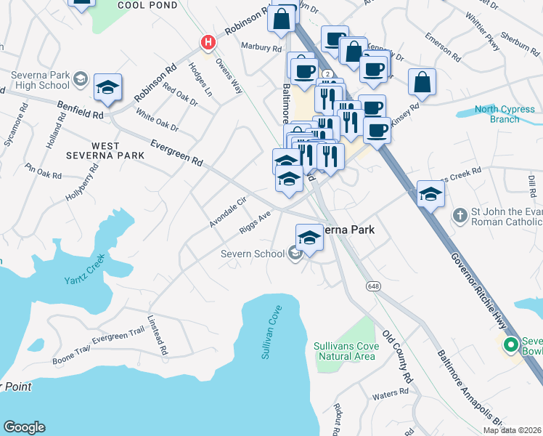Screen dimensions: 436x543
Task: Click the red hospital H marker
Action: click(208, 42)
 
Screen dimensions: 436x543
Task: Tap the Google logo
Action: click(24, 427)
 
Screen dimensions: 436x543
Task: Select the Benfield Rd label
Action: click(82, 110)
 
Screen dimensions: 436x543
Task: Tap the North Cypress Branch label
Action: click(505, 115)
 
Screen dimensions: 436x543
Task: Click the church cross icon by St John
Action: click(459, 215)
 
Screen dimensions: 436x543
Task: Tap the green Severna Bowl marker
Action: click(510, 344)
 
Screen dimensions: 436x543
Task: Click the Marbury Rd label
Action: click(261, 48)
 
